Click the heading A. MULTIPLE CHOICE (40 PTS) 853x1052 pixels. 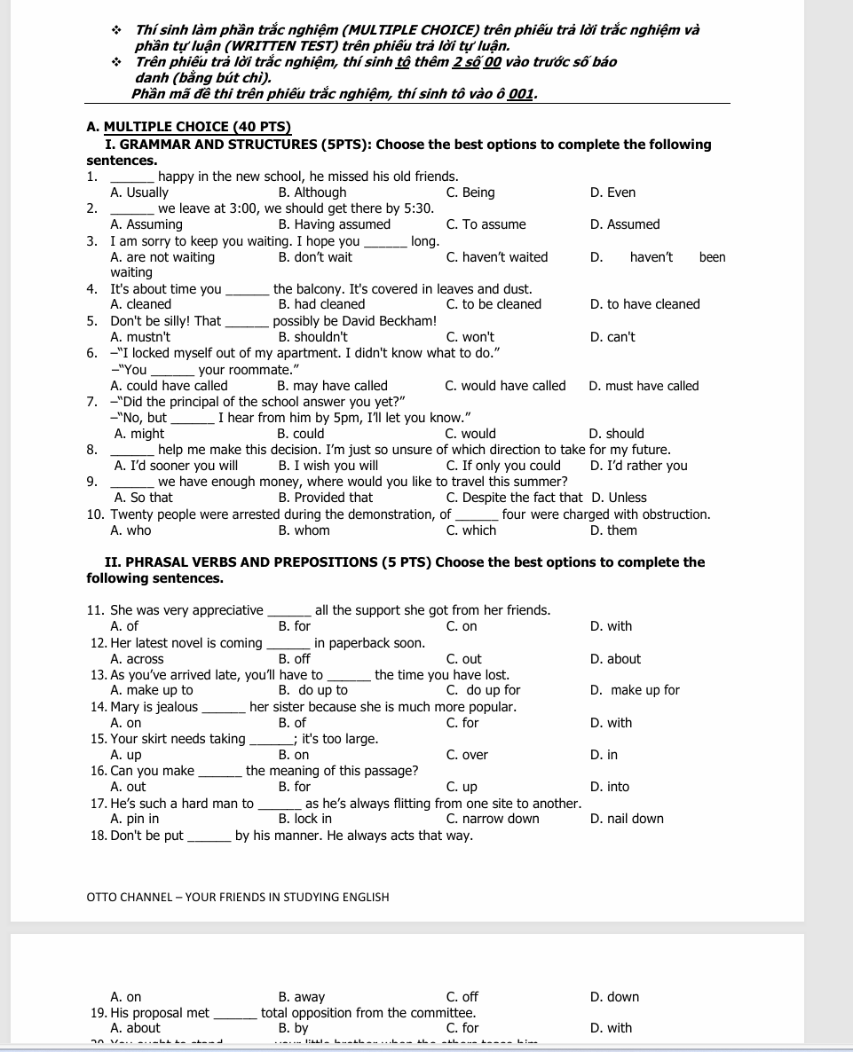pos(189,128)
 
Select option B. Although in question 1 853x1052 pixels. pos(312,192)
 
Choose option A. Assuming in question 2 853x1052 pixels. pos(146,224)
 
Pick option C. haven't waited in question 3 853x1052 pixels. pos(497,257)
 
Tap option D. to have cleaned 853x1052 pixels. pos(644,304)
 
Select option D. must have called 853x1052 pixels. pos(644,386)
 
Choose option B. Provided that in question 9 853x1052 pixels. pos(326,498)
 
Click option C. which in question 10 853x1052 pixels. pos(471,530)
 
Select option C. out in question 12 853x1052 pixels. pos(464,659)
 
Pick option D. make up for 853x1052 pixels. pos(635,690)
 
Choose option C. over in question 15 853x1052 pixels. pos(468,755)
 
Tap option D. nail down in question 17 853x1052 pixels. pos(627,819)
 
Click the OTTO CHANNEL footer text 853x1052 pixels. pos(238,897)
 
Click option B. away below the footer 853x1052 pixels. pos(302,997)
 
